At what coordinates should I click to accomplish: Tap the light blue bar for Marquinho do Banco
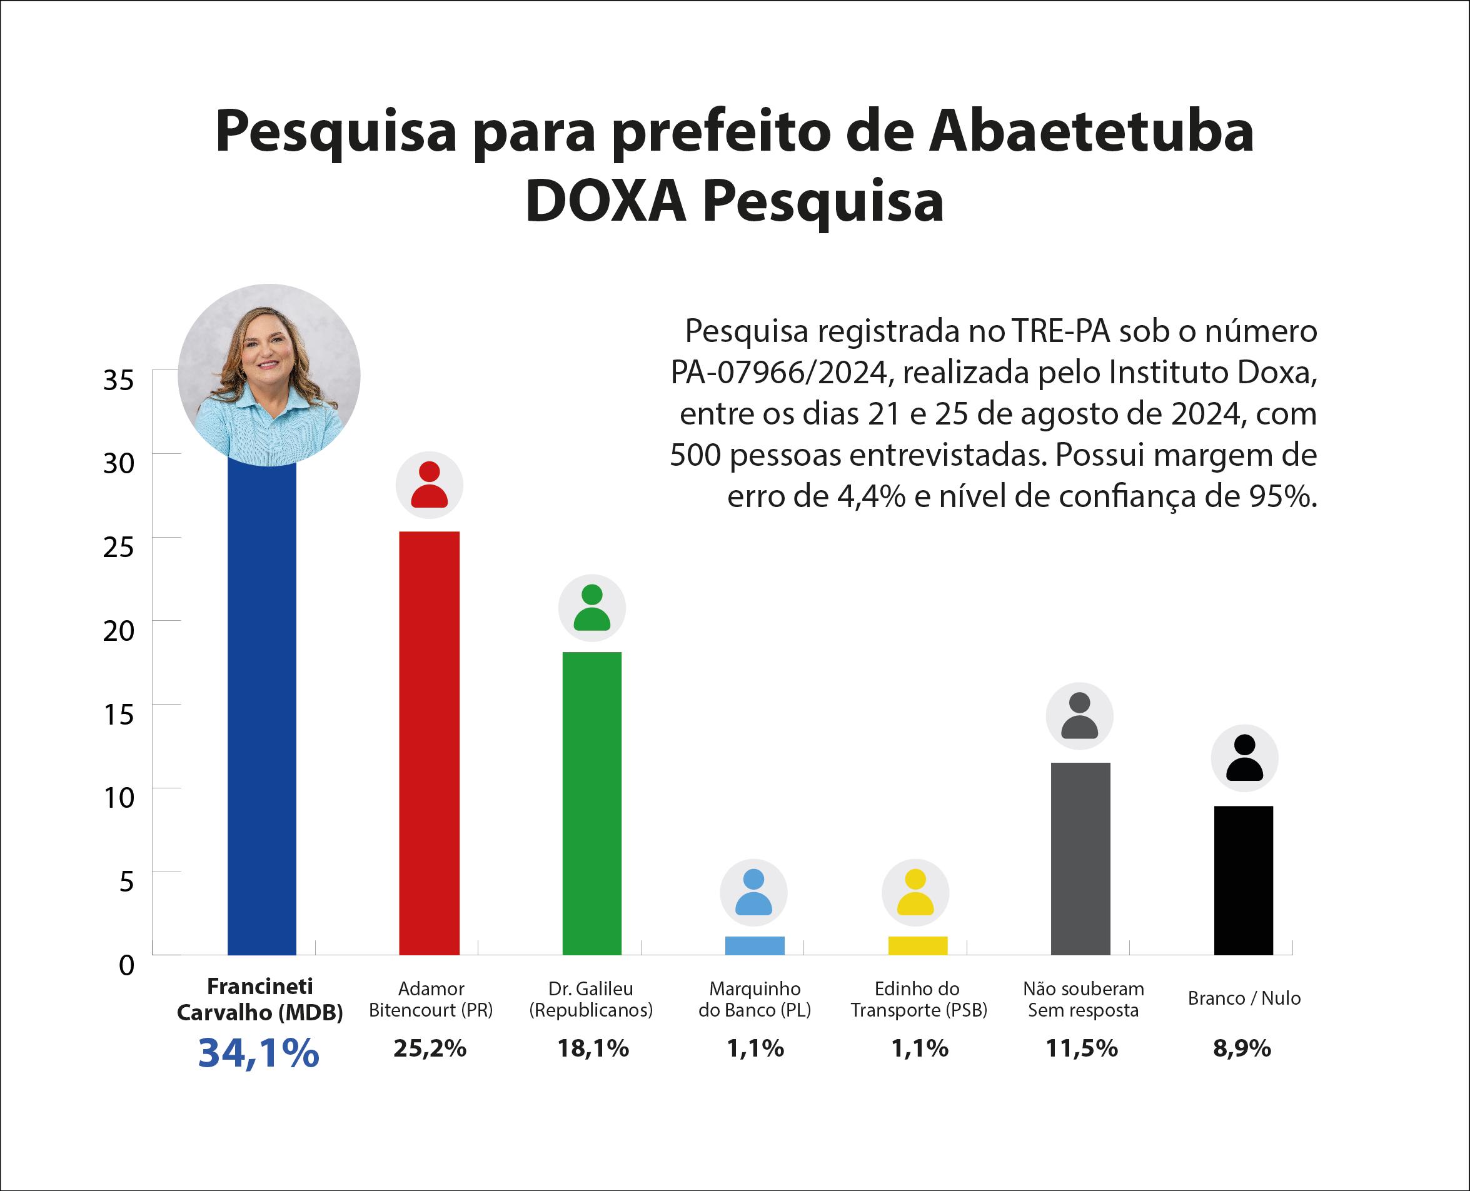tap(755, 945)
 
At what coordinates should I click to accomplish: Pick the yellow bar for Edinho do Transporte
tap(918, 945)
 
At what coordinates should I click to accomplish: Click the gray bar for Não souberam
tap(1080, 858)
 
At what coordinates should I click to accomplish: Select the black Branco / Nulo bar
tap(1244, 880)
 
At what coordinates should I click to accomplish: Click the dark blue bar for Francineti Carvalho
tap(262, 706)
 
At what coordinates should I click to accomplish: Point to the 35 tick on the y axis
tap(119, 379)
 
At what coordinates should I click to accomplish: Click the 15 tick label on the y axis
tap(119, 714)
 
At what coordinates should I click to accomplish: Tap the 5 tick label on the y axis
tap(126, 882)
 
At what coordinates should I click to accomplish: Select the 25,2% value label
tap(430, 1048)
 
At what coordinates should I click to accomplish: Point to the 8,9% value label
tap(1242, 1048)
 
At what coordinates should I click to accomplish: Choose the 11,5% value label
tap(1082, 1048)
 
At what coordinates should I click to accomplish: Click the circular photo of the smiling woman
tap(269, 374)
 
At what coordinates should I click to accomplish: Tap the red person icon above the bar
tap(429, 485)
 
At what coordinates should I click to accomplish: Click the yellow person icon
tap(915, 893)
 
